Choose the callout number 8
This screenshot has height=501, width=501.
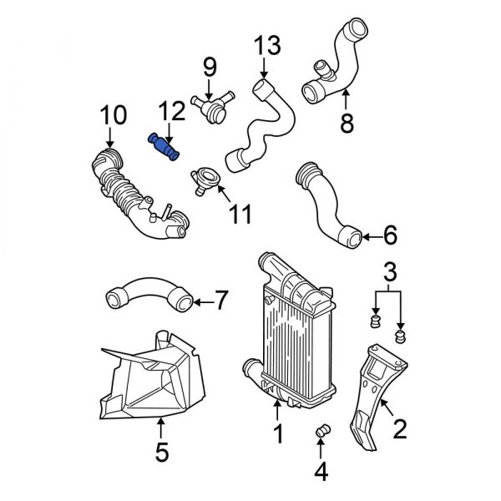[347, 124]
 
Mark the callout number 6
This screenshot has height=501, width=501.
[390, 238]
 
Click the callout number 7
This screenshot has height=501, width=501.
[220, 298]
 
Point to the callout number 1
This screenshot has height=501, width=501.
[278, 435]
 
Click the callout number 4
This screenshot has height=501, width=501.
[321, 474]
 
